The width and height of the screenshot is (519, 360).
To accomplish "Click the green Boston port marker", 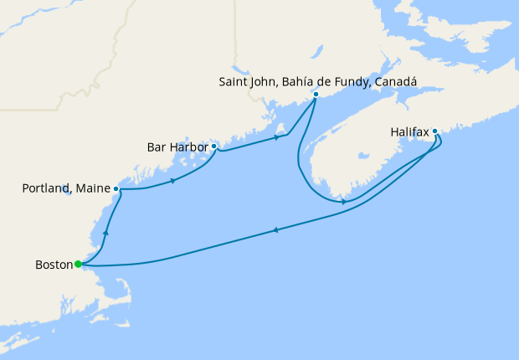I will [x=78, y=265].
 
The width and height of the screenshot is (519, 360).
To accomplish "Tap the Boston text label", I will [x=54, y=265].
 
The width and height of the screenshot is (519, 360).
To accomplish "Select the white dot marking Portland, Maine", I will [x=116, y=189].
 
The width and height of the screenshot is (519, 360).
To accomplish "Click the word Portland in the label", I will [x=47, y=189].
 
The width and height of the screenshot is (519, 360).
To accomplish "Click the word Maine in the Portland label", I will [x=94, y=189].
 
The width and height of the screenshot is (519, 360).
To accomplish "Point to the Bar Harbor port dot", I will [x=214, y=147].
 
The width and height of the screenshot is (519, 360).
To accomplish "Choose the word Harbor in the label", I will [x=188, y=147].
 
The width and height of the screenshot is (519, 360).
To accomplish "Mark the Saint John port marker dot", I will [x=316, y=94].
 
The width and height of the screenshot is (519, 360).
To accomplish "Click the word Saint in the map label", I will [x=234, y=81].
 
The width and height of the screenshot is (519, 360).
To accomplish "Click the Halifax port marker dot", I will [x=435, y=131].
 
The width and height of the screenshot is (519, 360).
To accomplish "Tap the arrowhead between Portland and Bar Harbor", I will [x=173, y=180].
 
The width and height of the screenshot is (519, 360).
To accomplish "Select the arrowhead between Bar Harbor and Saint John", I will [x=276, y=137].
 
